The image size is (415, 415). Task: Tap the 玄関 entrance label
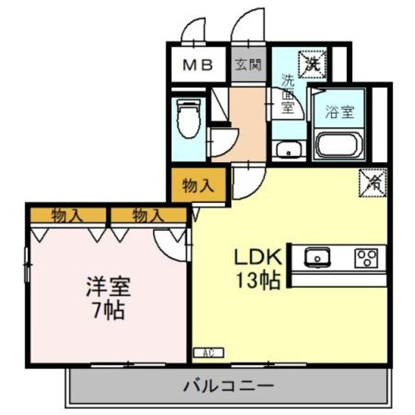click(x=248, y=65)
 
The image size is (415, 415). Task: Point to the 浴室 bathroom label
click(x=340, y=112)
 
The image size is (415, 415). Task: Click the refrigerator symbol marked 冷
click(x=373, y=181)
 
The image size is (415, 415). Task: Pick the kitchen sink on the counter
click(x=317, y=257)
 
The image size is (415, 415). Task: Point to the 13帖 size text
click(x=257, y=281)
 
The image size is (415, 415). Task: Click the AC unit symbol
click(x=209, y=353)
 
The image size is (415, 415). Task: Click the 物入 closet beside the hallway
click(x=198, y=186)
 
